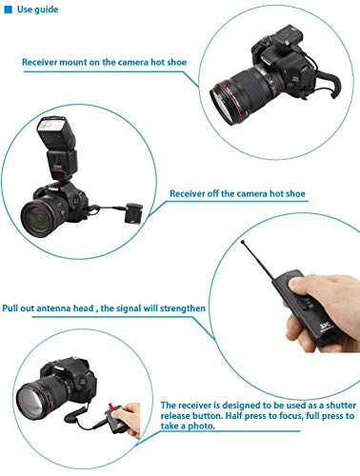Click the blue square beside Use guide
[x=9, y=10]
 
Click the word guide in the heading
[x=49, y=10]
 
